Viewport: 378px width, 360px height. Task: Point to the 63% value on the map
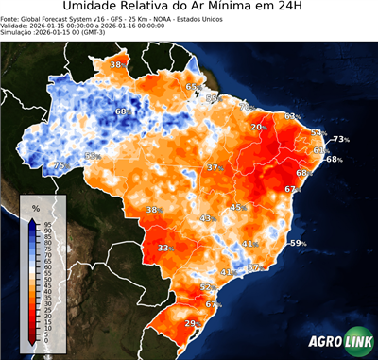(x=293, y=116)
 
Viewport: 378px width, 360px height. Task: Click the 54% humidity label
(x=318, y=133)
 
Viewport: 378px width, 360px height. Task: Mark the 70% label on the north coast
(x=245, y=108)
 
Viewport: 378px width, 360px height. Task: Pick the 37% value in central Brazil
(x=215, y=167)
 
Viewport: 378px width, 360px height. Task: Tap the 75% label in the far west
(x=60, y=165)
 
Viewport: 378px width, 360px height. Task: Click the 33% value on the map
(x=165, y=248)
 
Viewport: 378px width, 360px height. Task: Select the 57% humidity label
(x=254, y=267)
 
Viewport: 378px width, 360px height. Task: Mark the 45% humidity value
(x=238, y=207)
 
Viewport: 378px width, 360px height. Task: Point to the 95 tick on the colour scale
(x=47, y=223)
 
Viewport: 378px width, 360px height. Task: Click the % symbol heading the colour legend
(x=36, y=207)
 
